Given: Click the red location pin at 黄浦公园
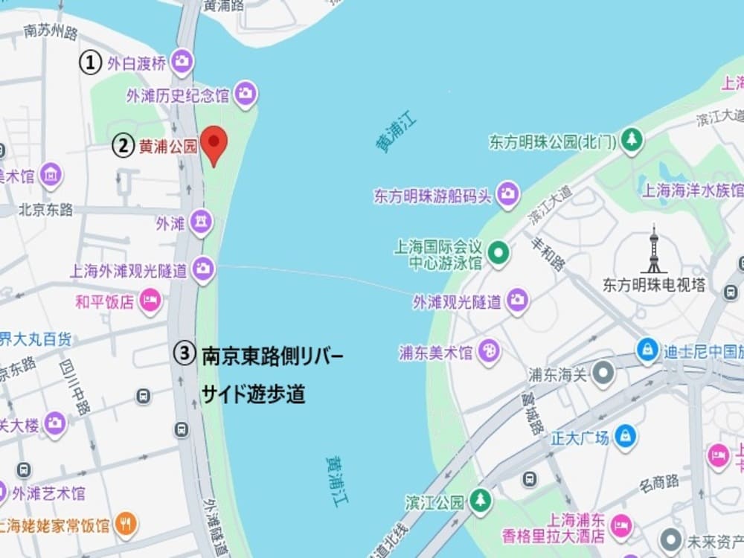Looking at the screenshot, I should [x=215, y=143].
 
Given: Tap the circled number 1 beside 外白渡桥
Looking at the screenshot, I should [x=90, y=63].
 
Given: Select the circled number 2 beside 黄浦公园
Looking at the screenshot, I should [x=124, y=145].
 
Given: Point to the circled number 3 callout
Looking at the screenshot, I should [x=185, y=353].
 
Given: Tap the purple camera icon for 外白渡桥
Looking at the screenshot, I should [x=182, y=62].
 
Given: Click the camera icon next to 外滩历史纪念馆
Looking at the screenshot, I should [x=246, y=94].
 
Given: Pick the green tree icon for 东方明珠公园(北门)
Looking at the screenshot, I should [x=632, y=140].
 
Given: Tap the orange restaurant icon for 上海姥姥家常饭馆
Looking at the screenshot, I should [x=126, y=525].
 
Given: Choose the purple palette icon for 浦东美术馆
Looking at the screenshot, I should [x=489, y=351].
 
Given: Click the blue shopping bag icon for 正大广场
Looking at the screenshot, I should [x=625, y=437].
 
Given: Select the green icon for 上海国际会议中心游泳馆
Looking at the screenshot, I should [x=499, y=254].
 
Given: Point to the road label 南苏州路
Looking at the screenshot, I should [x=51, y=32].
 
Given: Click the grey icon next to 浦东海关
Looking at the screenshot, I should [x=603, y=374].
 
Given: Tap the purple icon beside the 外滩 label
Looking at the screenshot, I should [x=201, y=222].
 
